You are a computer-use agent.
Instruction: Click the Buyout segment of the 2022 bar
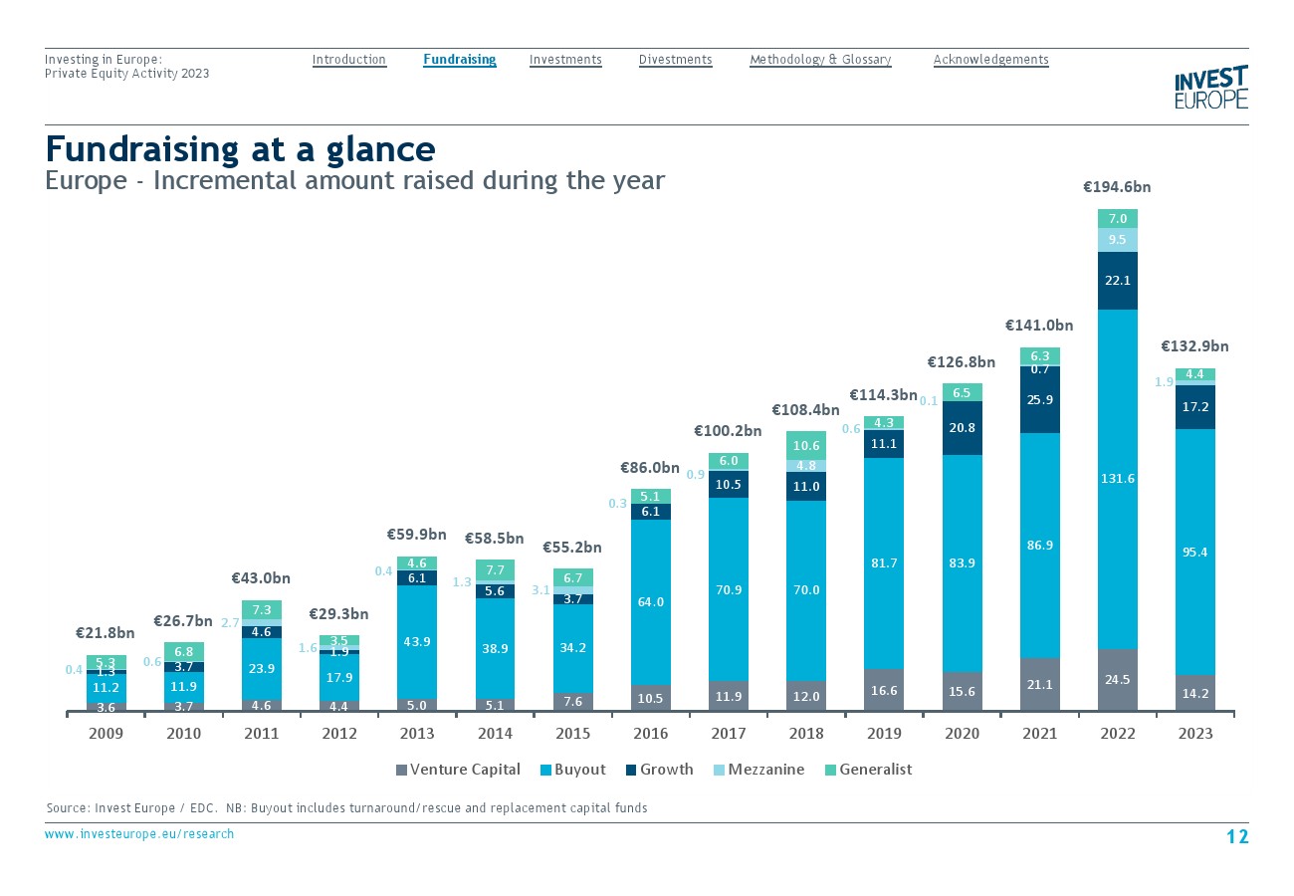tap(1117, 479)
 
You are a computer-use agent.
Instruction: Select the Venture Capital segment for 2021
tap(1039, 684)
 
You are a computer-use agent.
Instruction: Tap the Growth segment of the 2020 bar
tap(962, 428)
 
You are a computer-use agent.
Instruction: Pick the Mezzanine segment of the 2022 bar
tap(1117, 240)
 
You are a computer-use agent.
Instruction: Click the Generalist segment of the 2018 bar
tap(806, 445)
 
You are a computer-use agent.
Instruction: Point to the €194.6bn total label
tap(1117, 186)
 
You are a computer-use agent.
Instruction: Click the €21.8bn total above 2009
tap(106, 633)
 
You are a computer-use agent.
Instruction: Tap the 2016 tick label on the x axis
tap(651, 734)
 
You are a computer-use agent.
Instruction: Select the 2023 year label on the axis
tap(1194, 734)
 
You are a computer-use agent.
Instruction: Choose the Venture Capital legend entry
tap(458, 770)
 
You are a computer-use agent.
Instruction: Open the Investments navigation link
tap(565, 60)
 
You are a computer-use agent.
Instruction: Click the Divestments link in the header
tap(675, 60)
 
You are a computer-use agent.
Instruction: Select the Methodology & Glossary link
tap(820, 60)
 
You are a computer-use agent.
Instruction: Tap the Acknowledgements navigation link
tap(990, 60)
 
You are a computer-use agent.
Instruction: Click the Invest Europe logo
tap(1210, 88)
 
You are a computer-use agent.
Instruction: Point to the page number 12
tap(1236, 836)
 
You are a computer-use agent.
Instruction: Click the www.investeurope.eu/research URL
tap(139, 834)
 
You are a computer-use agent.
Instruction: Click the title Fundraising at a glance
tap(240, 149)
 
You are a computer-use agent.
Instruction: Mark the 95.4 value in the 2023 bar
tap(1194, 551)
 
